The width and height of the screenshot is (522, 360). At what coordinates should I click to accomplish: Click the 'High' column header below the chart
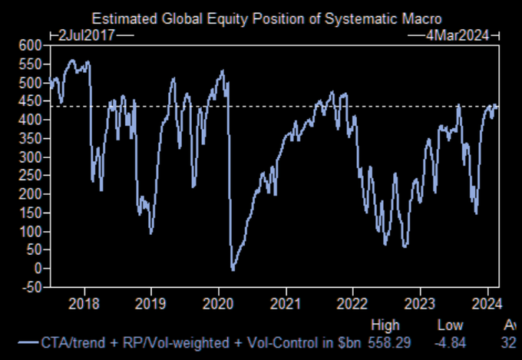(x=385, y=325)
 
